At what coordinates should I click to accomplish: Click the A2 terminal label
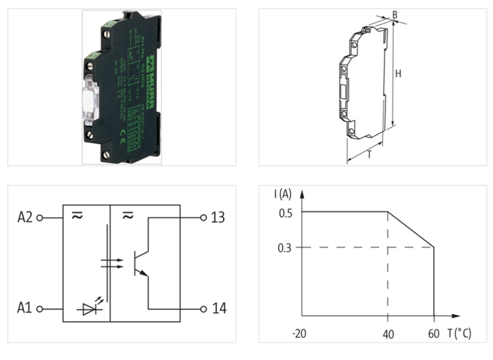pos(25,218)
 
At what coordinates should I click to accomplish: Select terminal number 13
pos(218,218)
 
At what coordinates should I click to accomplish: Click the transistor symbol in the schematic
pos(141,263)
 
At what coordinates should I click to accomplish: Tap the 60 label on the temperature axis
pos(434,333)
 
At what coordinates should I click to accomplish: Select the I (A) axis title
pos(283,195)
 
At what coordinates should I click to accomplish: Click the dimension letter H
pos(399,73)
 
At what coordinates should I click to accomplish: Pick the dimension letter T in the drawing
pos(369,155)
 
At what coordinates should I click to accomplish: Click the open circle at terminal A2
pos(40,218)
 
